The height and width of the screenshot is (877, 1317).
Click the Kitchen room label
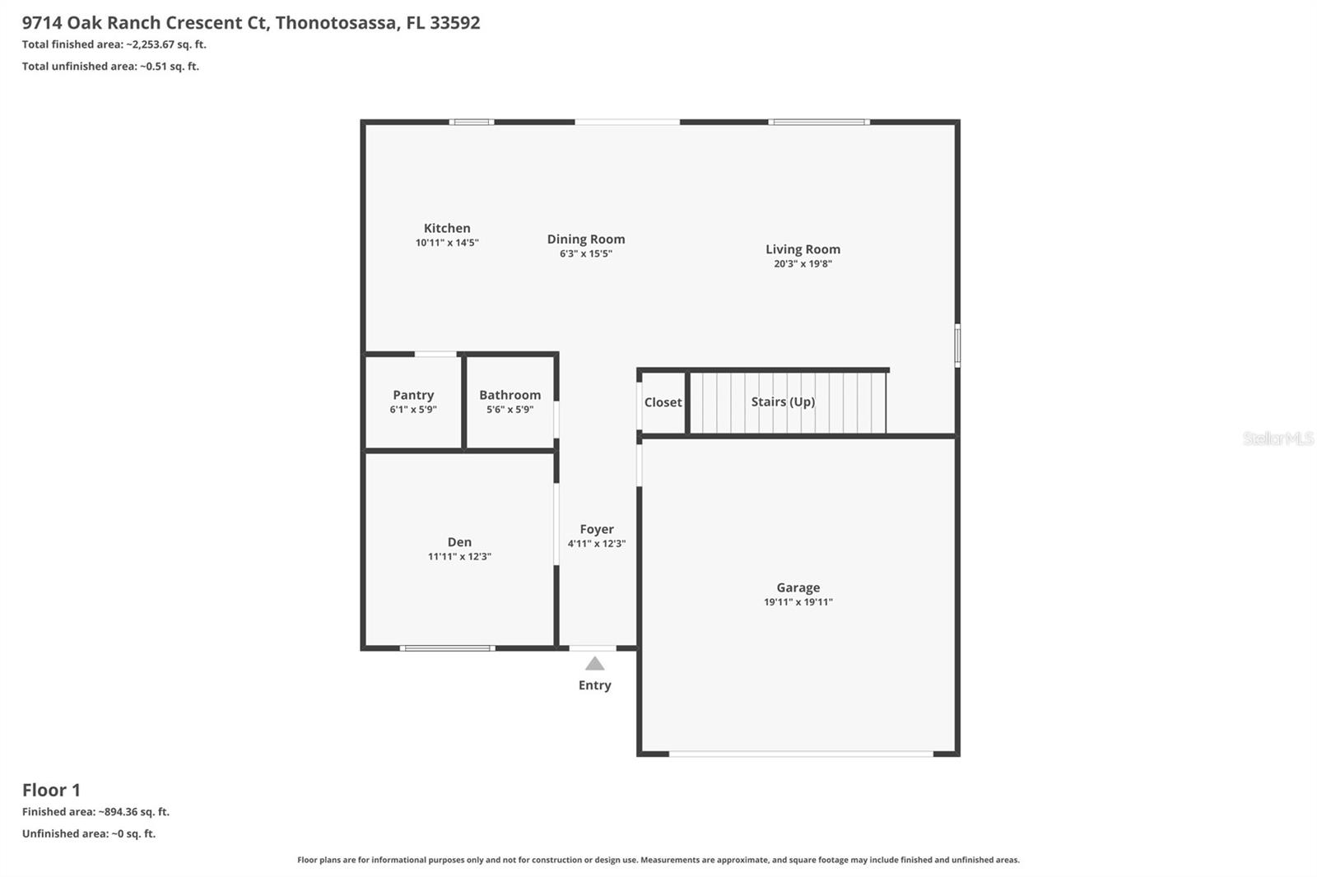click(x=447, y=229)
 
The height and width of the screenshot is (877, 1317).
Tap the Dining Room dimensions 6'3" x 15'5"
click(x=586, y=254)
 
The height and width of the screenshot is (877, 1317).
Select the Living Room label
click(x=803, y=249)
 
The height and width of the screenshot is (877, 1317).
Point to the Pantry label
click(x=413, y=395)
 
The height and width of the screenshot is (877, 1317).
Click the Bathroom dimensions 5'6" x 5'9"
click(x=510, y=410)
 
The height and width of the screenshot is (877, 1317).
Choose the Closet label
click(x=663, y=402)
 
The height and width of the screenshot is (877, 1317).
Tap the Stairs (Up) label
click(x=783, y=401)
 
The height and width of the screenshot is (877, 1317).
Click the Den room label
click(x=459, y=542)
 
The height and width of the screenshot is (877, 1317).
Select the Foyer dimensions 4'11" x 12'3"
click(x=597, y=544)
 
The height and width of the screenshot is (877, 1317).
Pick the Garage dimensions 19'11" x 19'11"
click(x=798, y=602)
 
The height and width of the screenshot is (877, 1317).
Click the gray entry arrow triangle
click(x=594, y=664)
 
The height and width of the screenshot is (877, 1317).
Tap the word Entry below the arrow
click(x=594, y=685)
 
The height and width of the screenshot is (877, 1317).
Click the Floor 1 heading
click(x=51, y=790)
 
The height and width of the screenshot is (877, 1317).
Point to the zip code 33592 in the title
click(x=454, y=22)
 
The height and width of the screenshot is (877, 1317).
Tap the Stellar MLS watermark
click(x=1277, y=438)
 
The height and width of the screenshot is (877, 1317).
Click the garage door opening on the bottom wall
click(x=800, y=754)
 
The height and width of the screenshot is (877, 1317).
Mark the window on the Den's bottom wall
click(x=447, y=648)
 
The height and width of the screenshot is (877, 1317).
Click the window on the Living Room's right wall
click(x=957, y=346)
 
